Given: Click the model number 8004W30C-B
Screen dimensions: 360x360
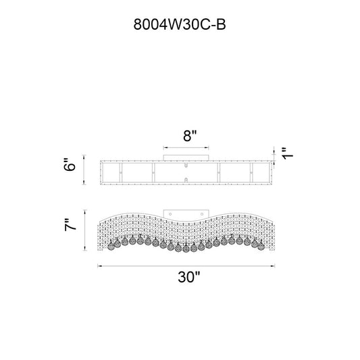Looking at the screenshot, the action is click(180, 24).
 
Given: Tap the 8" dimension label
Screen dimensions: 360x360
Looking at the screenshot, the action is click(190, 136).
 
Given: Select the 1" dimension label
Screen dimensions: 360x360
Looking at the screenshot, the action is click(288, 153).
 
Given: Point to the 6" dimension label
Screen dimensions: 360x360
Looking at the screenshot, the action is click(70, 164).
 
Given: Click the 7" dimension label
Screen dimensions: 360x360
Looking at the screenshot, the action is click(70, 224).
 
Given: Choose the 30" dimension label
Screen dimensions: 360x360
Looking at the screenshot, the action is click(189, 277).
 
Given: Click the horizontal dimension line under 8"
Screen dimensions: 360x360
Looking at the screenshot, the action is click(186, 148).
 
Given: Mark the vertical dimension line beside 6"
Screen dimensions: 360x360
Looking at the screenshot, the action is click(84, 170).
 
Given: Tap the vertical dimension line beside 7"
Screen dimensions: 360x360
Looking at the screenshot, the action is click(85, 230).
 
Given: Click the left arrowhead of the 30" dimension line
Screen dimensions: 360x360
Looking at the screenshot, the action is click(100, 266).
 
